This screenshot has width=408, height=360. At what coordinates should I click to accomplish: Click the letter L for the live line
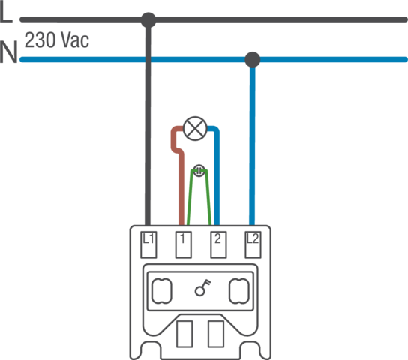[6, 13]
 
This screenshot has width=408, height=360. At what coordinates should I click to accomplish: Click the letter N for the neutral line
[8, 52]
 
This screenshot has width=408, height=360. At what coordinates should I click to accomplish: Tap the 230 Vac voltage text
[57, 40]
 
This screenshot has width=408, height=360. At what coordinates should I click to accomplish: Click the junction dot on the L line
[148, 19]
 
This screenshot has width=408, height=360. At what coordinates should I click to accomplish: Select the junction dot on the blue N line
[253, 59]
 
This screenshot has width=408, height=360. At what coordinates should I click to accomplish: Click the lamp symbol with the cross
[195, 128]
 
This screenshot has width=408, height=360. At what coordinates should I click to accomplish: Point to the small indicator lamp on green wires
[199, 171]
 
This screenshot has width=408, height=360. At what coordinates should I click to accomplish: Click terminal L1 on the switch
[148, 244]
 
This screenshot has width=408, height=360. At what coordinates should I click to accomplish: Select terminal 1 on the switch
[184, 244]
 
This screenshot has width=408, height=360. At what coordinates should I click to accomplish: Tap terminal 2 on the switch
[218, 244]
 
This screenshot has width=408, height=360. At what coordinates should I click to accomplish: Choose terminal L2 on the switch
[253, 244]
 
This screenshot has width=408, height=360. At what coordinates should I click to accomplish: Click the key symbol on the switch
[202, 287]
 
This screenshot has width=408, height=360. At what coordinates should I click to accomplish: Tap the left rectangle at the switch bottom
[184, 334]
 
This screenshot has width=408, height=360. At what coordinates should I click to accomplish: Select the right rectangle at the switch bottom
[216, 334]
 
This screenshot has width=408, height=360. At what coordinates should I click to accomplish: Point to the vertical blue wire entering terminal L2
[252, 145]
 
